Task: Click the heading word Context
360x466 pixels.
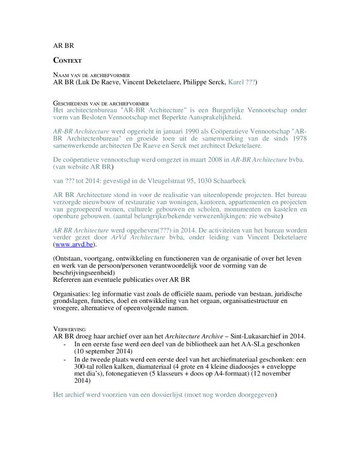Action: click(67, 60)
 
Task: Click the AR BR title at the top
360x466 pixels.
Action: click(64, 45)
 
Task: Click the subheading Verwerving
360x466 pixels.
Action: click(69, 328)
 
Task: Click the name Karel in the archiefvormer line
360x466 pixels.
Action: click(236, 82)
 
